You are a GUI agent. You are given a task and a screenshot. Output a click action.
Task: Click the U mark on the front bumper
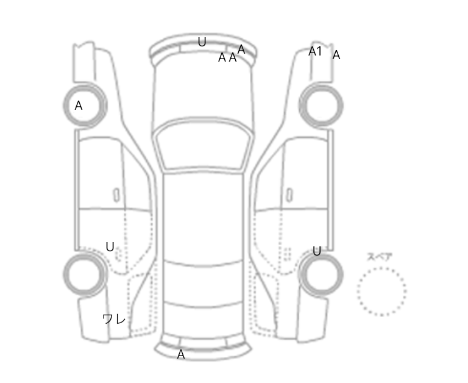[x=202, y=42]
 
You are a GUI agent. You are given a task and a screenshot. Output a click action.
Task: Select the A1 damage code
[x=315, y=51]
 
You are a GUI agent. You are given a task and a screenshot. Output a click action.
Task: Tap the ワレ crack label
[x=114, y=319]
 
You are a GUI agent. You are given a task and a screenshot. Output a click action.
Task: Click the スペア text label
[x=380, y=257]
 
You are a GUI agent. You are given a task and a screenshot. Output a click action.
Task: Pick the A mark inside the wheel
[x=79, y=106]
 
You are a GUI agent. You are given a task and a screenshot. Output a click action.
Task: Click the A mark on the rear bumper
[x=181, y=354]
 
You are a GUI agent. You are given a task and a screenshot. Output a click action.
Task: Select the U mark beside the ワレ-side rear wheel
[x=110, y=247]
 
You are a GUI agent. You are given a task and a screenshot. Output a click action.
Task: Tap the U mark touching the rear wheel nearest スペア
[x=317, y=251]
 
